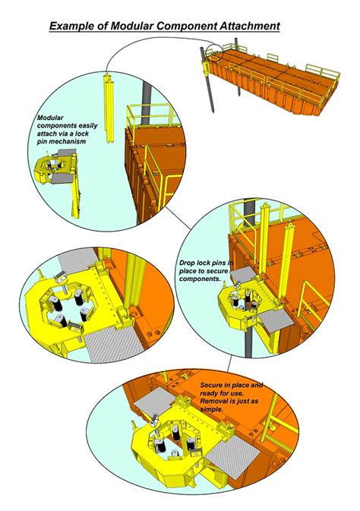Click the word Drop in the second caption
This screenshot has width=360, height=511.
point(188,263)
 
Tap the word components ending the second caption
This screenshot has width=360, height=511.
point(201,279)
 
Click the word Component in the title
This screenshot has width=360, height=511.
point(175,27)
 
